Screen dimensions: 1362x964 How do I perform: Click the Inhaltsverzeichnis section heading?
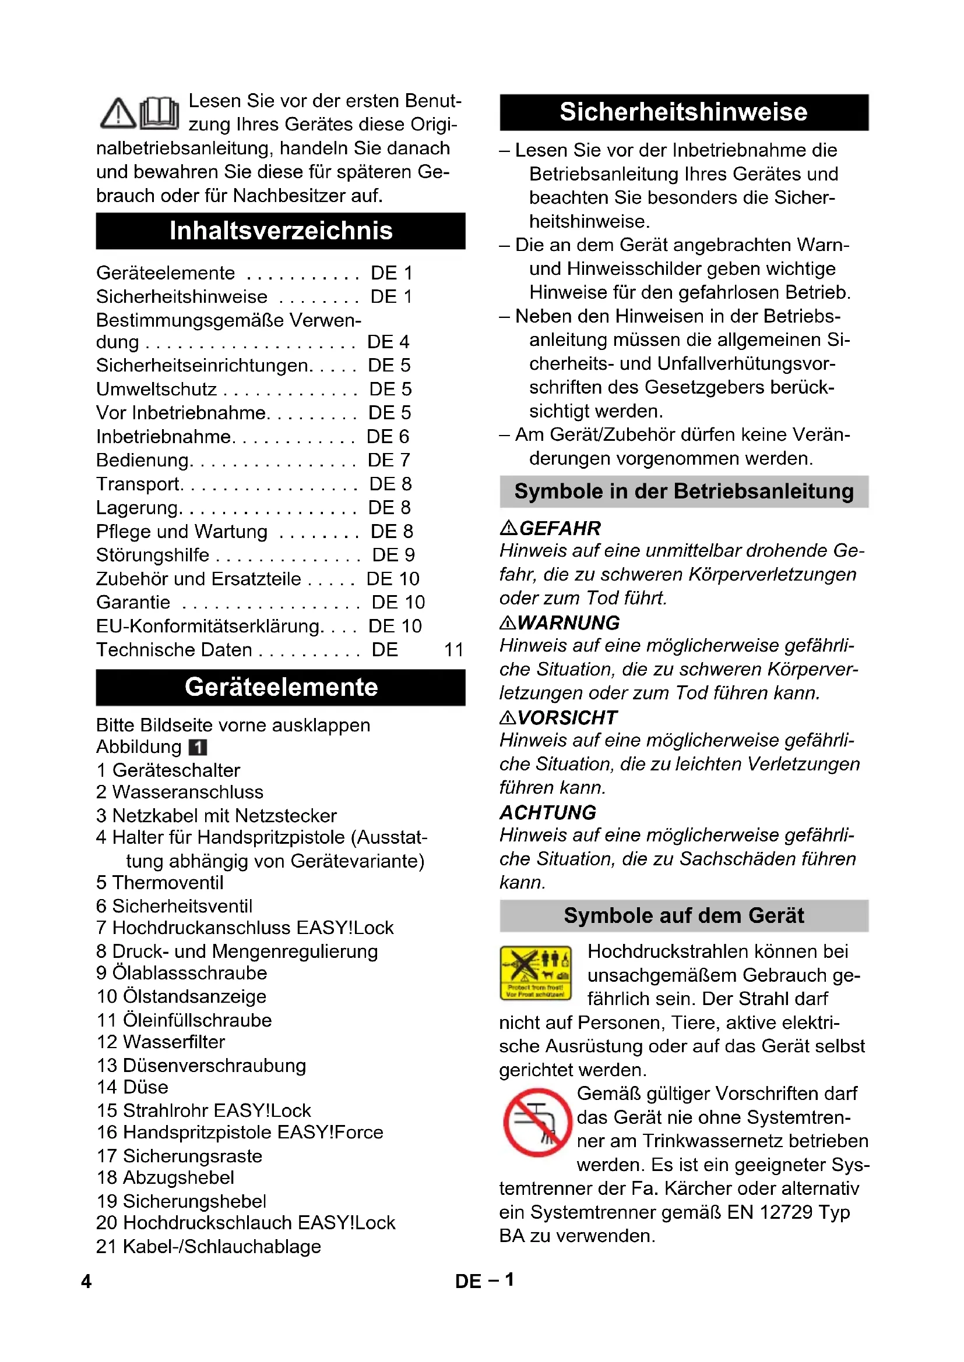coord(281,231)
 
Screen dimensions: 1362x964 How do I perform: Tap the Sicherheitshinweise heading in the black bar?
coord(683,112)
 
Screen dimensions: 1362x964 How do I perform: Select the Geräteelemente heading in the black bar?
coord(281,687)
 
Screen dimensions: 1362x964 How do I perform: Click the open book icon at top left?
coord(159,113)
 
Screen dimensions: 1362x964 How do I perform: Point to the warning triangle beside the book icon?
coord(118,114)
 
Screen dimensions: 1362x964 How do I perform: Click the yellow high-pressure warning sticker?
coord(536,972)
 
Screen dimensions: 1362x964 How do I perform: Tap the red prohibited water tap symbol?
coord(537,1122)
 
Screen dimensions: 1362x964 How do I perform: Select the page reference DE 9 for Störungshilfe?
coord(393,555)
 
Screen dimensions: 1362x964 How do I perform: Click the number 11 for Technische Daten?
coord(453,650)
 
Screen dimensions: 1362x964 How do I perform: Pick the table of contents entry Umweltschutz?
coord(157,389)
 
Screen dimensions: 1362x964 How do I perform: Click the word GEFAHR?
coord(560,528)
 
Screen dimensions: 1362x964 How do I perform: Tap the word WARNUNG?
coord(568,623)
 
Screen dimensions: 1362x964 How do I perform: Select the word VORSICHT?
coord(567,718)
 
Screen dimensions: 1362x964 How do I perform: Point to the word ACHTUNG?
coord(548,812)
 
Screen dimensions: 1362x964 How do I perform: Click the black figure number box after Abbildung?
coord(198,747)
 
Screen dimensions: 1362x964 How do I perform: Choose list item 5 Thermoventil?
coord(160,882)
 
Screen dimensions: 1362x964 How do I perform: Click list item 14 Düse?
coord(132,1087)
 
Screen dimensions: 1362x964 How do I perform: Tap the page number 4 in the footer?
coord(86,1281)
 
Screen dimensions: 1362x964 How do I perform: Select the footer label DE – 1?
coord(484,1280)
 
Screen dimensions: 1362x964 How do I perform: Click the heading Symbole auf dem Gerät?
coord(683,915)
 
